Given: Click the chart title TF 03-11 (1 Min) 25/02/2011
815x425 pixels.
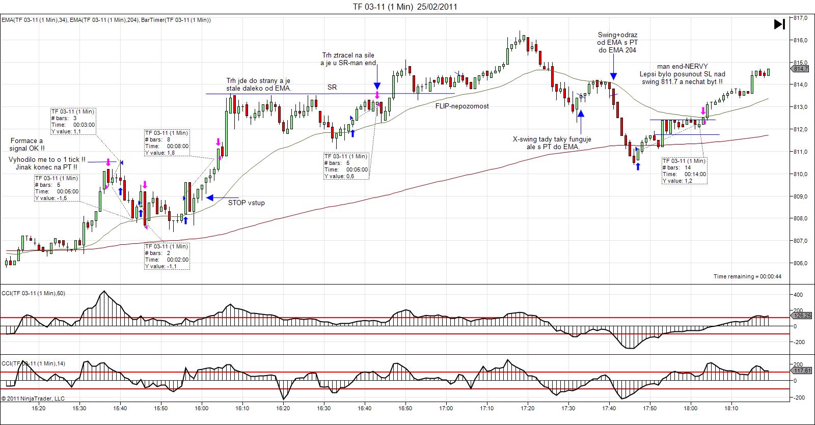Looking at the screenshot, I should [405, 7].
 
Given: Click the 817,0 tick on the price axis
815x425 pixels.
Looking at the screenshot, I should [801, 18].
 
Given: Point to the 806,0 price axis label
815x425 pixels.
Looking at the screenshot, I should [801, 263].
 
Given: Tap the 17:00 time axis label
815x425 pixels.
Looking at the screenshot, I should [446, 408].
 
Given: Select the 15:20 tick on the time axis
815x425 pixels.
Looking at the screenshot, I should [38, 408].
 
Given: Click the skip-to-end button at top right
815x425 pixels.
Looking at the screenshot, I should [779, 24].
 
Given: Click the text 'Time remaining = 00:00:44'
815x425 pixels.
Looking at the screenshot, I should [747, 276].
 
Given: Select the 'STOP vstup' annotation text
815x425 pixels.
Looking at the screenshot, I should [246, 203].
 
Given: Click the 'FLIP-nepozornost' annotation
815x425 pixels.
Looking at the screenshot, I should [462, 106].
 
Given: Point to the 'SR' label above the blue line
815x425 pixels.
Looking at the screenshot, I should [332, 88].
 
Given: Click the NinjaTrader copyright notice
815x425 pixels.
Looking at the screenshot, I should [33, 399].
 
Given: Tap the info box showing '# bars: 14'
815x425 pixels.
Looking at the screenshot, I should [684, 171].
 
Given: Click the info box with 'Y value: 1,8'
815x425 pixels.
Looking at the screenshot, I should [167, 143].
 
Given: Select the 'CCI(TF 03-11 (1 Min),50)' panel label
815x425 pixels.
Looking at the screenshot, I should [34, 293].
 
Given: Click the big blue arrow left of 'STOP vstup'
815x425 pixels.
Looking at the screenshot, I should [222, 197].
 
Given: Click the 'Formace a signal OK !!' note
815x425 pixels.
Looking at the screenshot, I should [27, 145].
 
